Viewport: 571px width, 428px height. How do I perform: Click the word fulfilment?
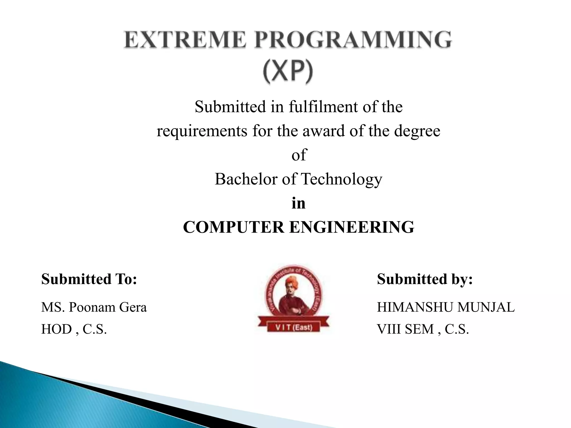323,107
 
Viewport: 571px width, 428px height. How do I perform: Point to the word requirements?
202,131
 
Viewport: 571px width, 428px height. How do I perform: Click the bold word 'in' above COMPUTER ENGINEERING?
298,203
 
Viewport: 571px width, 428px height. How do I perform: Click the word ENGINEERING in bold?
352,227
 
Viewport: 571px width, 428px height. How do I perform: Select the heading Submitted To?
89,279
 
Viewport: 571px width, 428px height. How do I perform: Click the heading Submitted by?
425,279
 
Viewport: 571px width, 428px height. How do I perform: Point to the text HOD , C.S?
74,329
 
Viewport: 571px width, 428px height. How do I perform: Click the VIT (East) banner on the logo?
294,327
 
